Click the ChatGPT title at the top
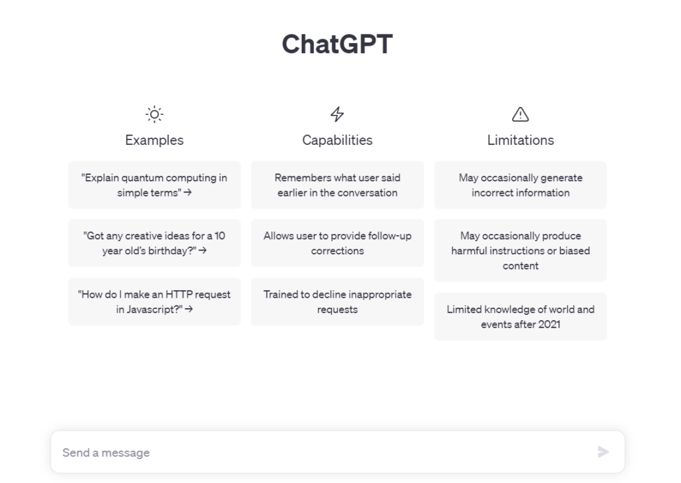pyautogui.click(x=337, y=44)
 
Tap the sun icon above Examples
pyautogui.click(x=154, y=114)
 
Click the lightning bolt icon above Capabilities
pyautogui.click(x=337, y=114)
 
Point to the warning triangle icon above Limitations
pyautogui.click(x=520, y=114)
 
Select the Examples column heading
pyautogui.click(x=154, y=140)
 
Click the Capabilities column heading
pyautogui.click(x=337, y=140)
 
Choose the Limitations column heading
pyautogui.click(x=520, y=140)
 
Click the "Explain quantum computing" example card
pyautogui.click(x=154, y=185)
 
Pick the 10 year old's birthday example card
pyautogui.click(x=154, y=243)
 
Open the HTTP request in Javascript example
pyautogui.click(x=154, y=302)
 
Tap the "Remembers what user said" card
pyautogui.click(x=337, y=185)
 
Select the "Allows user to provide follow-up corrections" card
pyautogui.click(x=337, y=243)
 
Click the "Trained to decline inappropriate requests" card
pyautogui.click(x=337, y=302)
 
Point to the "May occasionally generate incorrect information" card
pyautogui.click(x=520, y=185)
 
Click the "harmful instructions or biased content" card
pyautogui.click(x=520, y=250)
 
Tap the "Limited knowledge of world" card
pyautogui.click(x=520, y=316)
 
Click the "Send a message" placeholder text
pyautogui.click(x=106, y=452)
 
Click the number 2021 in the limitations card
pyautogui.click(x=549, y=324)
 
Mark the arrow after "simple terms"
pyautogui.click(x=188, y=192)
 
